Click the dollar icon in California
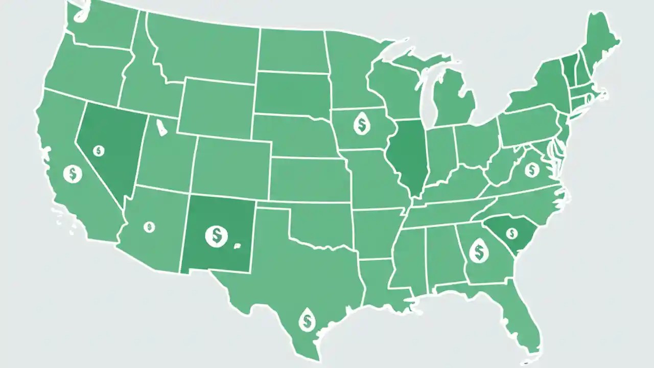point(73,174)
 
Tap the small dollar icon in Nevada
point(99,150)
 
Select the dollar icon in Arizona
point(149,227)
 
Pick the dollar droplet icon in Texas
point(307,320)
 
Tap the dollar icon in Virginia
point(532,169)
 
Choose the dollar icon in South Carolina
point(510,233)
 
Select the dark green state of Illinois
point(407,156)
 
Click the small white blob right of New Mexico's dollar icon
point(237,246)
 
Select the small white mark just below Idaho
point(161,128)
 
